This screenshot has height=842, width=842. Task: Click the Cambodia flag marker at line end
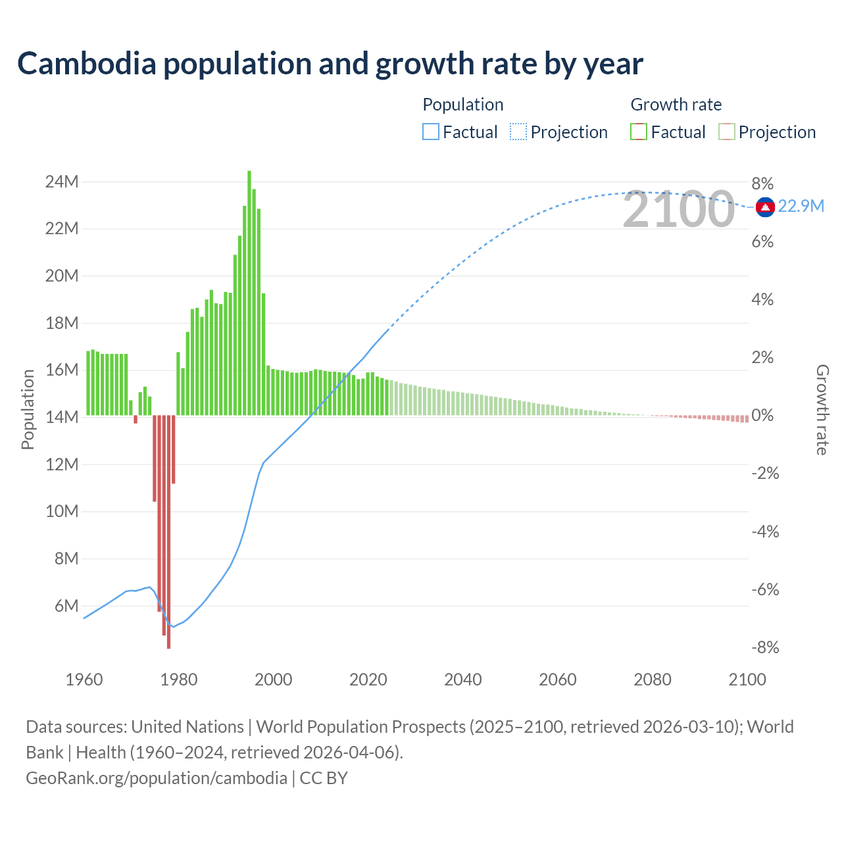pos(765,207)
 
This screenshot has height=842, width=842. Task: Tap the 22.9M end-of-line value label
pos(801,207)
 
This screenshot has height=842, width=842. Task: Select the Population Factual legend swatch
pos(430,132)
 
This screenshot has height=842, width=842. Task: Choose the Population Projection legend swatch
pos(518,132)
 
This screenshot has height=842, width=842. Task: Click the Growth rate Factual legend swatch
pos(639,132)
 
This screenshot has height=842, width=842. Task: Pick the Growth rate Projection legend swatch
pos(726,132)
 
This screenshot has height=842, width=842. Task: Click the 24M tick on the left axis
pos(62,182)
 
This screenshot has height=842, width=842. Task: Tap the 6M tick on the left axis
pos(66,606)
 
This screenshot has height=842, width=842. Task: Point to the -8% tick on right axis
pos(765,648)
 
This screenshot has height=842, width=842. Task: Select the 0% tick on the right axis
pos(762,416)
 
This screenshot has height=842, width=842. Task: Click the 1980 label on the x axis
pos(179,680)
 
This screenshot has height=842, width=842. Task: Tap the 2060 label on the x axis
pos(558,680)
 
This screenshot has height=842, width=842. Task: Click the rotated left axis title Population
pos(28,409)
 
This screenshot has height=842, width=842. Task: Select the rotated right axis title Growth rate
pos(822,409)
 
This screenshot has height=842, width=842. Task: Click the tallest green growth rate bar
pos(249,293)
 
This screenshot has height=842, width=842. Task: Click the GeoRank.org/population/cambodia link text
pos(157,778)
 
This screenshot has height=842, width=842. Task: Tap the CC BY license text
pos(324,778)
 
